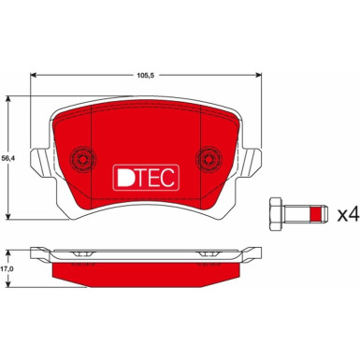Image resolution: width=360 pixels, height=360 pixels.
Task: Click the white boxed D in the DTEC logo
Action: (122, 178)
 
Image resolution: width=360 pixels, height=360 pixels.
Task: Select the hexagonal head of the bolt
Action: (277, 214)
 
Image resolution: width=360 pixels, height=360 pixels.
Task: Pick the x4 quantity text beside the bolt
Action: (346, 214)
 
